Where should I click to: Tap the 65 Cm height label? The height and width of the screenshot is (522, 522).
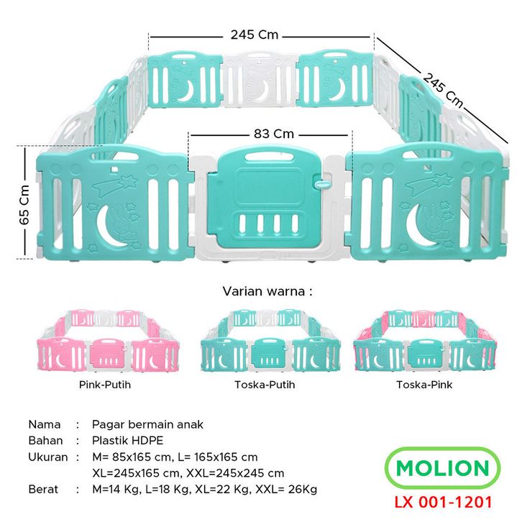[24, 202]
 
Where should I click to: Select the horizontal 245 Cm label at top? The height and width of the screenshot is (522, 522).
[255, 35]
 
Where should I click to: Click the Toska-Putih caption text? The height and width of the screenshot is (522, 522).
[265, 385]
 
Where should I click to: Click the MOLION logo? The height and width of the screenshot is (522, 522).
[442, 469]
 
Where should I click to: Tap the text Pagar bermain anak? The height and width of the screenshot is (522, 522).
[148, 424]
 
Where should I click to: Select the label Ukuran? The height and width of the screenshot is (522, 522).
[48, 457]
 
